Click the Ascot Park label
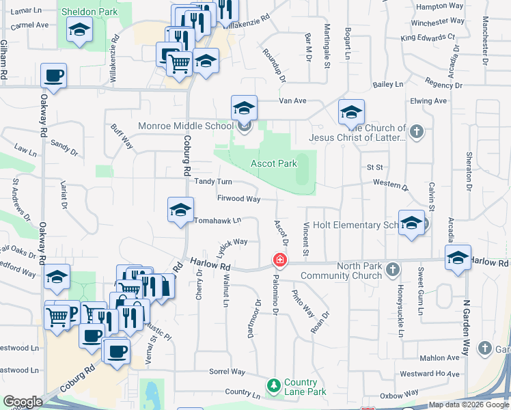tap(274, 163)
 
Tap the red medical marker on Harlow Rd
tap(279, 260)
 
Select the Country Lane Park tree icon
tap(274, 387)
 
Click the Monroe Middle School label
tap(186, 126)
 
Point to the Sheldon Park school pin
tap(80, 30)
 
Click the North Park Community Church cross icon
tap(392, 271)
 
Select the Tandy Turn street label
tap(213, 181)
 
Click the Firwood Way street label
tap(238, 199)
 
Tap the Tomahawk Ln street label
tap(217, 221)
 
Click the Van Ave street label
tap(292, 100)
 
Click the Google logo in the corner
tap(23, 402)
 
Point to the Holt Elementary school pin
tap(411, 223)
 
